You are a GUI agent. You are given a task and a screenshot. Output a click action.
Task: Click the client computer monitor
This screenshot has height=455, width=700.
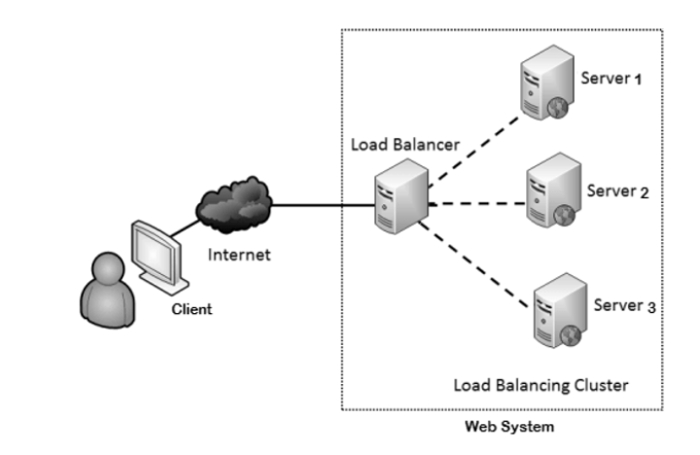coord(156,253)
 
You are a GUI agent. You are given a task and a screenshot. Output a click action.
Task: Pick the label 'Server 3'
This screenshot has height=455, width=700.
coord(624,307)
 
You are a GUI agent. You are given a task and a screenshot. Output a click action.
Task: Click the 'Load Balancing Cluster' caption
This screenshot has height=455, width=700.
coord(541,385)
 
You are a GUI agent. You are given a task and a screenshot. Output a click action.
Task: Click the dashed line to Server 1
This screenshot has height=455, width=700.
coord(472,141)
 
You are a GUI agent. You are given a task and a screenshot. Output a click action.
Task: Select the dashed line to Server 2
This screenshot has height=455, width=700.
coord(476,205)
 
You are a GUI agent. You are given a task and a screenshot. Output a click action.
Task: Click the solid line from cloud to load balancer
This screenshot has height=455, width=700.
coord(321,205)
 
